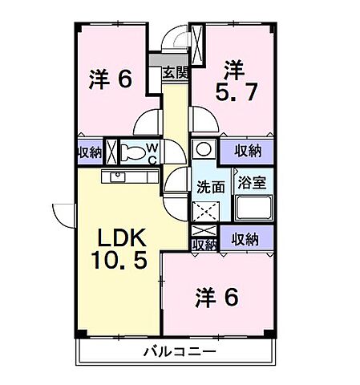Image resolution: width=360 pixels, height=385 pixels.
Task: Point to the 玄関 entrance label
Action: click(176, 71)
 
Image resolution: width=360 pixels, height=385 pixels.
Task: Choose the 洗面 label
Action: click(210, 186)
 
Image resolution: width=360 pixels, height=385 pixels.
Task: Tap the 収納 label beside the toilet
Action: click(90, 152)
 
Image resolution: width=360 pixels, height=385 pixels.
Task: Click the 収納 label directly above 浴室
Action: click(249, 150)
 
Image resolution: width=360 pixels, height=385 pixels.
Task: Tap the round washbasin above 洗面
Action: click(204, 149)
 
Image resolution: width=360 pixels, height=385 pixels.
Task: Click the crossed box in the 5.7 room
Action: click(199, 37)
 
